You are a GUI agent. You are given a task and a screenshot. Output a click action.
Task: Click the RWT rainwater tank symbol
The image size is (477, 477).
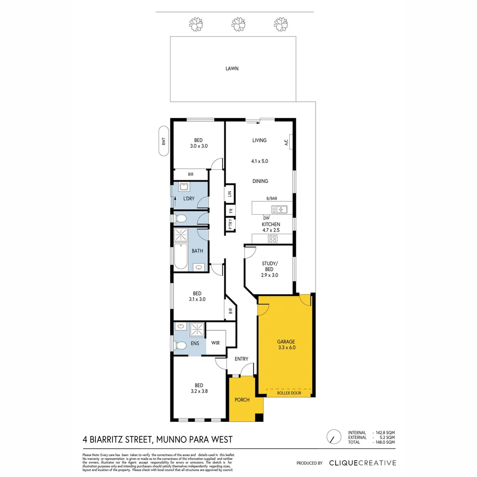click(163, 142)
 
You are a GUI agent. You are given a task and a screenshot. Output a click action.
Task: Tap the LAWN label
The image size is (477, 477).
click(232, 68)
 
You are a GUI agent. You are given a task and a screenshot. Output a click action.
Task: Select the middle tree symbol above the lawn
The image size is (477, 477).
click(238, 24)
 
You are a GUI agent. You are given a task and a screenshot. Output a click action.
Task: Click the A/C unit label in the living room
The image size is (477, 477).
click(286, 142)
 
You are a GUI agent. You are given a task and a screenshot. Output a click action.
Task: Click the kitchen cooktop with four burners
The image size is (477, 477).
click(273, 239)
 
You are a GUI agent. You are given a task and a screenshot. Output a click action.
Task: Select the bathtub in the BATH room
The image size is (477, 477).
click(181, 256)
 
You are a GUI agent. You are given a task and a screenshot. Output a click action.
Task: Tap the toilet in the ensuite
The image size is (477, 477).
click(180, 345)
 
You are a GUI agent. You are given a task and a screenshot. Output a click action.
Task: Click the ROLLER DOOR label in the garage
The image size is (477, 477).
click(289, 393)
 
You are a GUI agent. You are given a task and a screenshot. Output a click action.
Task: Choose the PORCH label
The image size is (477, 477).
click(242, 400)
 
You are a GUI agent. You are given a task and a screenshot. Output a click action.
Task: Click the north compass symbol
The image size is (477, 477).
click(333, 437)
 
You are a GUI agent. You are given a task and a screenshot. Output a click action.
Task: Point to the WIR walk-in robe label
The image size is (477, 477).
click(216, 343)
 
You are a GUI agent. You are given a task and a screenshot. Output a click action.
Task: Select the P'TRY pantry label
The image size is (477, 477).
click(230, 225)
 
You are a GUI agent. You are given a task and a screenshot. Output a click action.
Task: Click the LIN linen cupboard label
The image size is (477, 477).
click(230, 193)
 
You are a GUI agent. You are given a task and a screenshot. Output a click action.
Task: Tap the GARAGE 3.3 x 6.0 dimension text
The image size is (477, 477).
click(286, 348)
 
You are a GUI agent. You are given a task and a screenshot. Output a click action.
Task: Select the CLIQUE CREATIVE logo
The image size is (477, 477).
click(362, 463)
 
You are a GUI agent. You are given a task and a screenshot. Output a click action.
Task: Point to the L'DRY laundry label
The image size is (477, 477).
click(189, 198)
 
